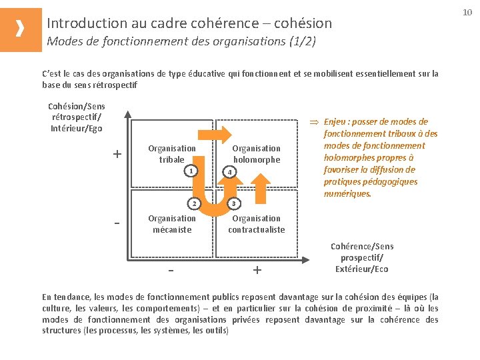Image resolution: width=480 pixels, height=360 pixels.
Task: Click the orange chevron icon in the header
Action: click(x=21, y=29)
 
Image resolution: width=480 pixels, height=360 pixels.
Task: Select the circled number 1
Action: click(x=191, y=171)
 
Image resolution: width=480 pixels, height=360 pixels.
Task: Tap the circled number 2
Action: click(x=193, y=203)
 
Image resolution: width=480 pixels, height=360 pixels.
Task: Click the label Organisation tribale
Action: click(x=172, y=154)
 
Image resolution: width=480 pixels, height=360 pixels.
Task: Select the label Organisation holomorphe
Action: click(x=257, y=154)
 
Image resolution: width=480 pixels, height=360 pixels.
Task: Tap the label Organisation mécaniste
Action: click(x=172, y=224)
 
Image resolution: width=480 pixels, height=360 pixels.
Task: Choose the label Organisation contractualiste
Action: click(x=257, y=224)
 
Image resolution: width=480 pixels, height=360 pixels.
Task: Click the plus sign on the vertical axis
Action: click(x=117, y=155)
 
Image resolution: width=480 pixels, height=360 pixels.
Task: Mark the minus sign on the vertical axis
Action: click(x=117, y=222)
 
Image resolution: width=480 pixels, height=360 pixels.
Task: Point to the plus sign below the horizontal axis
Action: click(x=257, y=271)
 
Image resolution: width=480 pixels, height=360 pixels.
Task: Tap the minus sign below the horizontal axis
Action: click(x=171, y=271)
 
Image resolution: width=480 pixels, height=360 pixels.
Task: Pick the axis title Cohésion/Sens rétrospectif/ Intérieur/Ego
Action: click(x=77, y=117)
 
